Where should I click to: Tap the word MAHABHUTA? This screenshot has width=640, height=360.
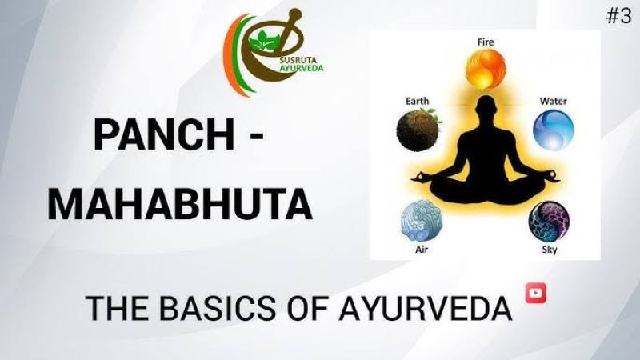click(180, 204)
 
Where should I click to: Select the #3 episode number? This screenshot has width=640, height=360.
click(618, 16)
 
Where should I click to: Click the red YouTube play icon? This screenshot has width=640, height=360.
click(535, 293)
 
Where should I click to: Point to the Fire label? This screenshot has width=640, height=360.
click(486, 42)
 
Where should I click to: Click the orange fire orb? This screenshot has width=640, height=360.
click(486, 69)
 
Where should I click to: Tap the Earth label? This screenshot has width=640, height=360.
click(417, 101)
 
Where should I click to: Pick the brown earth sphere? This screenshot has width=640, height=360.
click(418, 130)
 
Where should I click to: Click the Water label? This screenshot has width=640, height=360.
click(553, 101)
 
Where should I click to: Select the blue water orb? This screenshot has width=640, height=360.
click(553, 130)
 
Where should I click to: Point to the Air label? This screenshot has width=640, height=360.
click(422, 249)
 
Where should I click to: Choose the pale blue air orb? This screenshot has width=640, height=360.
click(422, 221)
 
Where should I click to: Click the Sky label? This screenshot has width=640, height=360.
click(549, 249)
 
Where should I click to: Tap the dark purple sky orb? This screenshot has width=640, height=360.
click(549, 221)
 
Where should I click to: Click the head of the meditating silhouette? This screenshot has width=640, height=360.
click(486, 108)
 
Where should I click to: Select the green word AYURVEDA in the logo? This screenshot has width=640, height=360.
click(302, 68)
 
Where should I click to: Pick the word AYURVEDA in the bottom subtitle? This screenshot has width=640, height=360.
click(426, 307)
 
